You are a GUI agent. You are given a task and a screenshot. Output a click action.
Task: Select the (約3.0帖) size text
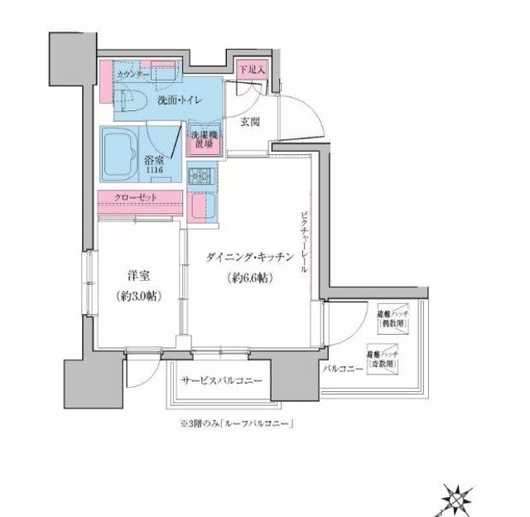(138, 296)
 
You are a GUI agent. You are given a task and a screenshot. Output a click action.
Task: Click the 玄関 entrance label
(250, 123)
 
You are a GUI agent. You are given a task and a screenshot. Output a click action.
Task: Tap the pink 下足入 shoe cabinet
(250, 71)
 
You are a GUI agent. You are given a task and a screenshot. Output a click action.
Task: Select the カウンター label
(132, 75)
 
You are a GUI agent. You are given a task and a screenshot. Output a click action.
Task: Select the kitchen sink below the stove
(203, 206)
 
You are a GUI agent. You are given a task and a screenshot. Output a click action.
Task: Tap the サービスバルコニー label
(221, 380)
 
